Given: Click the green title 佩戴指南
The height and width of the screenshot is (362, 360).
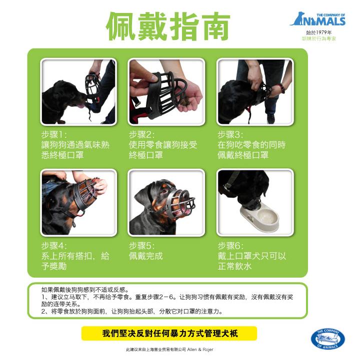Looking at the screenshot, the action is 168,26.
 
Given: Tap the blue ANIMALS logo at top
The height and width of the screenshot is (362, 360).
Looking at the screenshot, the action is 318,19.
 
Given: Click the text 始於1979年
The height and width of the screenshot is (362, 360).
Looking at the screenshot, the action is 319,32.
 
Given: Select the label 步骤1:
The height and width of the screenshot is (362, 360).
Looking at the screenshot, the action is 54,134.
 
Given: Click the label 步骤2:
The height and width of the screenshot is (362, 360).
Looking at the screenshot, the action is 141,134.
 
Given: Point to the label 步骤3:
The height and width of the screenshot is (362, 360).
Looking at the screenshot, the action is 230,134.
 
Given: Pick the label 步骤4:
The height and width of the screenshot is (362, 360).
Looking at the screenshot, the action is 54,246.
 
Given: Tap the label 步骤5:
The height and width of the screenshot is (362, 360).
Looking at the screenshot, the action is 141,246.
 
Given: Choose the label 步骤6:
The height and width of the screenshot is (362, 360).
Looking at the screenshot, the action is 230,246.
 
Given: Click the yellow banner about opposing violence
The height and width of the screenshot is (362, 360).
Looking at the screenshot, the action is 169,334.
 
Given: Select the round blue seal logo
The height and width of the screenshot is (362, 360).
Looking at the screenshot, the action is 328,339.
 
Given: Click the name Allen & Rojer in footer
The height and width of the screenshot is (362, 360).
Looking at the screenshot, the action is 200,350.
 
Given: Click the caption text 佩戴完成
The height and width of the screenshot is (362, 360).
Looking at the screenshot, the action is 146,256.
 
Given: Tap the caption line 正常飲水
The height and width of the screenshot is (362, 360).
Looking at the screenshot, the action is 234,266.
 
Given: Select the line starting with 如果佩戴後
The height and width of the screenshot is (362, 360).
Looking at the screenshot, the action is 85,290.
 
